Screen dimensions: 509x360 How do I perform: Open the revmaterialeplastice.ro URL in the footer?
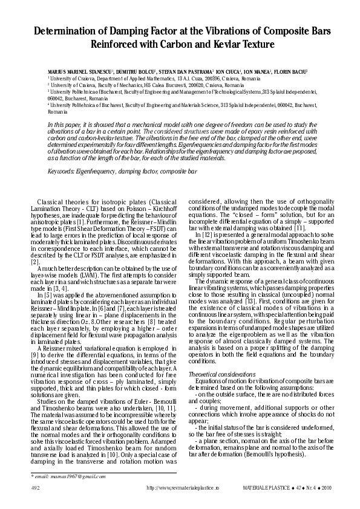182,487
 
